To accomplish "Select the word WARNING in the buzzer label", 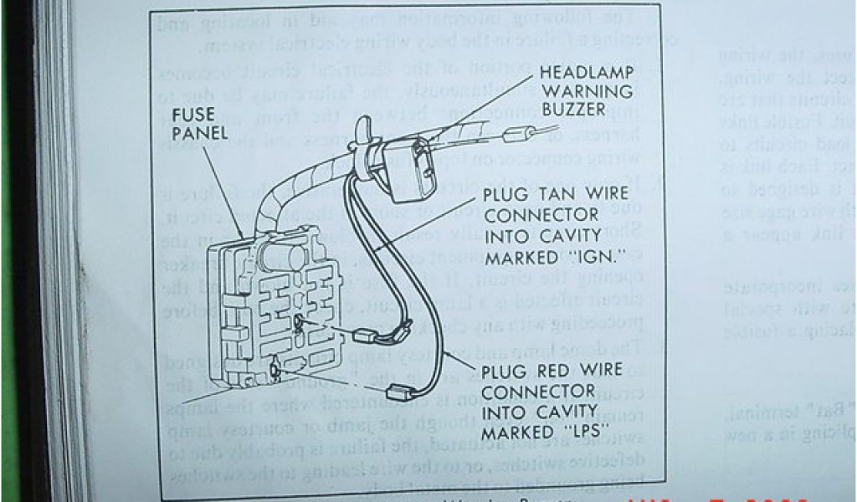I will [577, 91].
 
